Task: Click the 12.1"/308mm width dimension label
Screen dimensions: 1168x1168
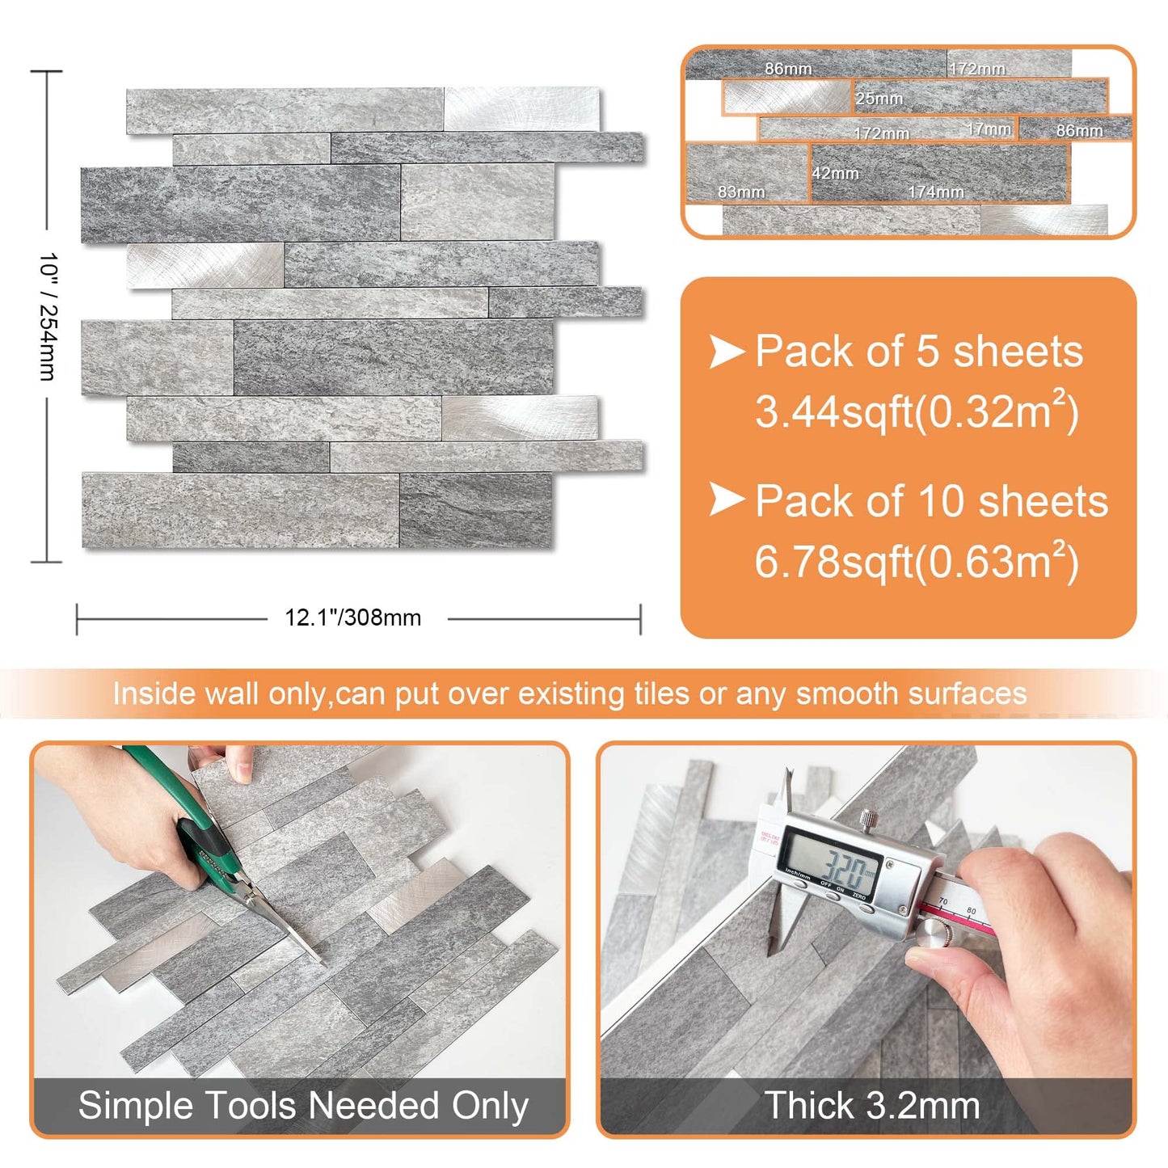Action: [352, 618]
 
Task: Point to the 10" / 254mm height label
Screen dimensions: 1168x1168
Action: [48, 316]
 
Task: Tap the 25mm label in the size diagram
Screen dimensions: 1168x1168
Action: [879, 99]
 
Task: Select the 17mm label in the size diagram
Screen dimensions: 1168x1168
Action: [989, 129]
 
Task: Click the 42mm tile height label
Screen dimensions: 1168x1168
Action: [835, 173]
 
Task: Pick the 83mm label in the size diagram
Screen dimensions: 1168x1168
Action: [740, 192]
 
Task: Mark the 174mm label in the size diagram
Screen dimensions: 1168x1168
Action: [935, 192]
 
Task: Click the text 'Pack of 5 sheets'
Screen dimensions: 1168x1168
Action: [918, 352]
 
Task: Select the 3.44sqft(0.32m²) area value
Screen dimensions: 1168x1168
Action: [917, 411]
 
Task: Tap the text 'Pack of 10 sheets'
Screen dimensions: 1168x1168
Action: [931, 501]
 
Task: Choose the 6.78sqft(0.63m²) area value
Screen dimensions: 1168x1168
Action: [917, 562]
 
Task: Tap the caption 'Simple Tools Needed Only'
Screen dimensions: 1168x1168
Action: [303, 1105]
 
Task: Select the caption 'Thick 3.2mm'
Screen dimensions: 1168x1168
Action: [872, 1105]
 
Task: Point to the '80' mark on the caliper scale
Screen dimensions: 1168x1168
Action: [971, 912]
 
